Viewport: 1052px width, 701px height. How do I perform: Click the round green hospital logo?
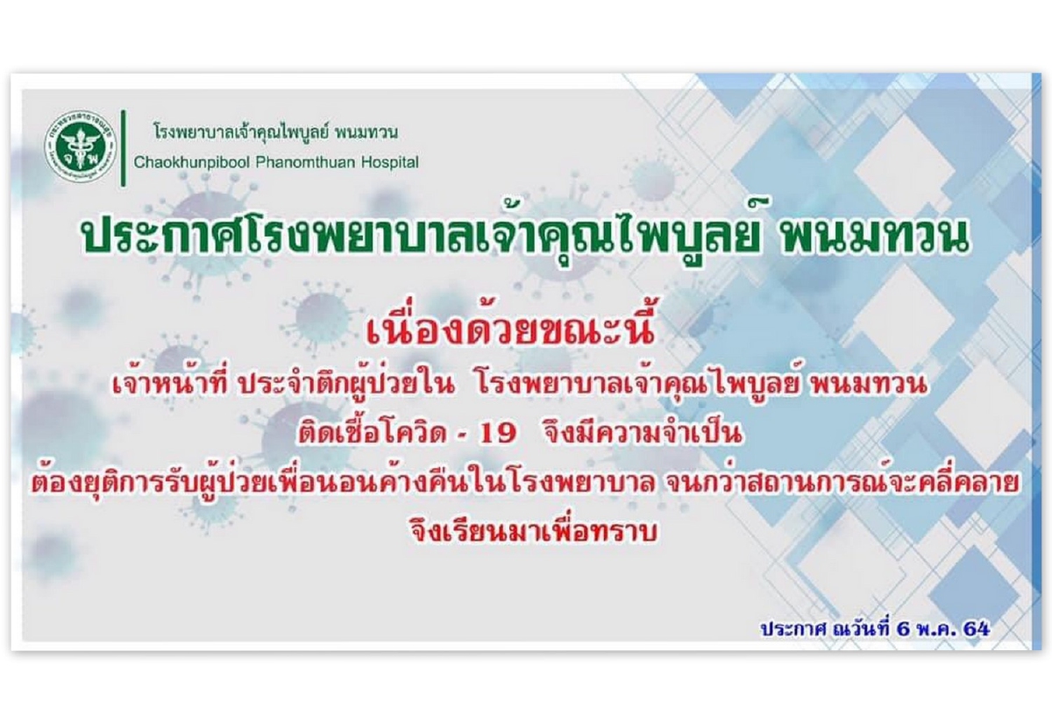pyautogui.click(x=82, y=148)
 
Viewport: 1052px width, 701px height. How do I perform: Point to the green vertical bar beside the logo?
pyautogui.click(x=123, y=148)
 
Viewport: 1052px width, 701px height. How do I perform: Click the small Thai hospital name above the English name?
pyautogui.click(x=276, y=132)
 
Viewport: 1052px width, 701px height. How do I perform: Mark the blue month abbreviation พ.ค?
pyautogui.click(x=935, y=628)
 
